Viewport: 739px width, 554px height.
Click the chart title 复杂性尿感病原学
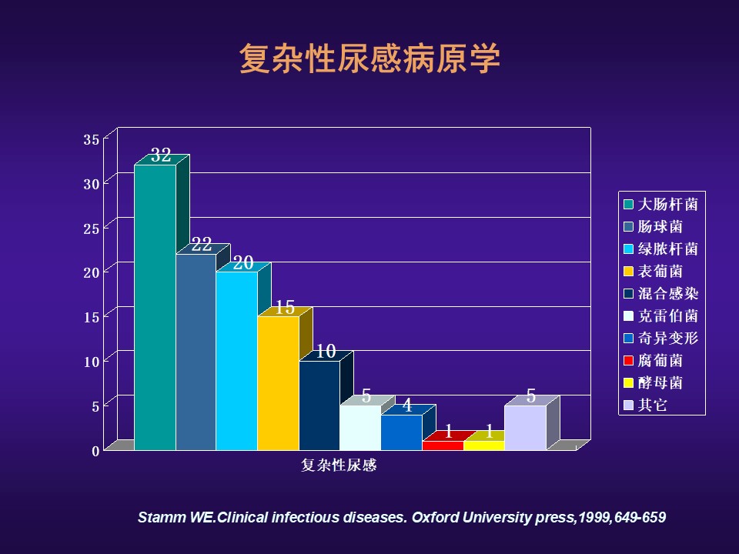pos(369,58)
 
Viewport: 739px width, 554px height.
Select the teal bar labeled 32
pos(155,307)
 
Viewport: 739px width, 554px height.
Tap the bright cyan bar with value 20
pos(236,361)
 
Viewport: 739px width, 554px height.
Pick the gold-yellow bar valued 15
pos(278,383)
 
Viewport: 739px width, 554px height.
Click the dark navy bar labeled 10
pos(319,405)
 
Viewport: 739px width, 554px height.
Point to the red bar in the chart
pos(443,446)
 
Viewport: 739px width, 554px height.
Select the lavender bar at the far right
pos(526,428)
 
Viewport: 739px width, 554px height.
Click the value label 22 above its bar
pos(201,244)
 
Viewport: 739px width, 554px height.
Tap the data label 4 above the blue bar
pos(407,405)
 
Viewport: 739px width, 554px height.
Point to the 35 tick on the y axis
pos(92,139)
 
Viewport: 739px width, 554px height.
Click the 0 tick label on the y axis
pos(95,452)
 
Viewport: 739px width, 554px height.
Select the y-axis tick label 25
pos(92,229)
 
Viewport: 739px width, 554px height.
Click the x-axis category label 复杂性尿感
pos(339,466)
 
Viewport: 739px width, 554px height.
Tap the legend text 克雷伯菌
pos(667,315)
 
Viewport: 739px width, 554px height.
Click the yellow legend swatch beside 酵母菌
pos(628,383)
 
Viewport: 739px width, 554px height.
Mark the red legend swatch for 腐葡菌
pos(628,361)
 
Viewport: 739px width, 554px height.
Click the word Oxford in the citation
pos(435,517)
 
